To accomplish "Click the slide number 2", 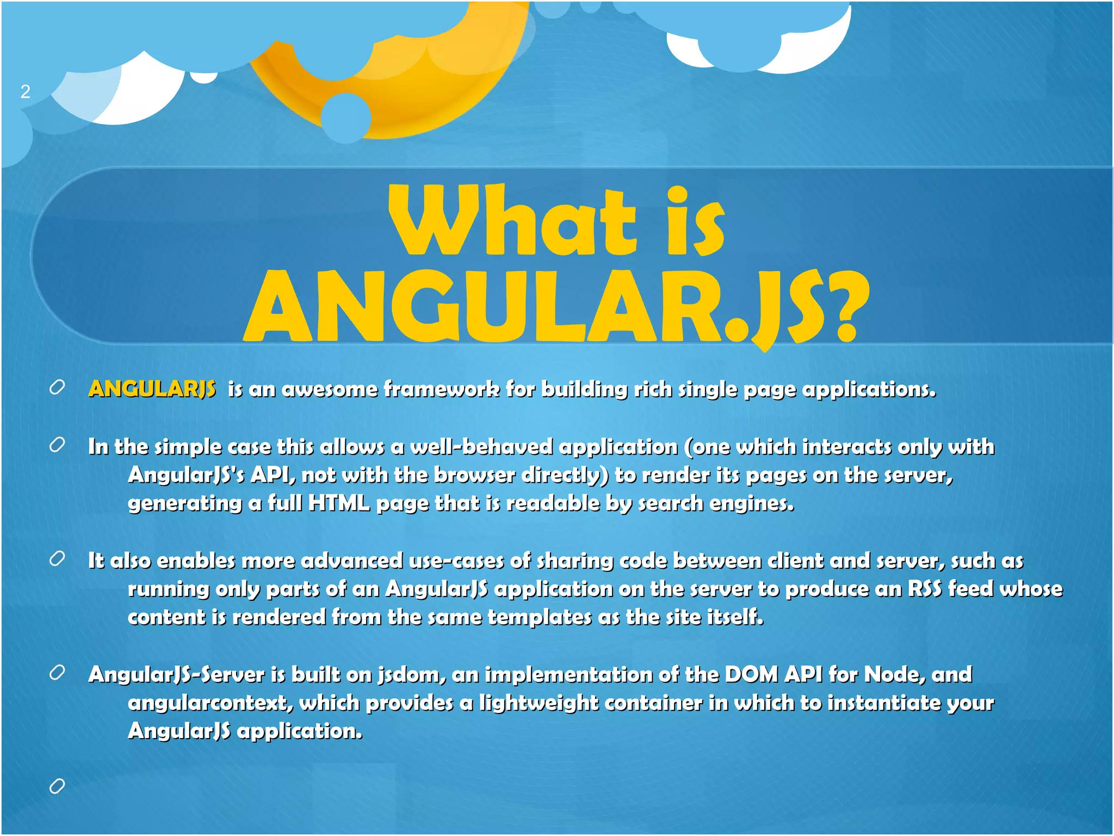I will [x=25, y=91].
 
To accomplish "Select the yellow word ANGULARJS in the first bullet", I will [x=152, y=389].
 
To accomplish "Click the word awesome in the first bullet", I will [x=330, y=389].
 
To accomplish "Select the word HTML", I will [x=338, y=503].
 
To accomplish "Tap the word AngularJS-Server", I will [x=176, y=675].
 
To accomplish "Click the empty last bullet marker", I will [x=57, y=786].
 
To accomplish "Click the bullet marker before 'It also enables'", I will [x=57, y=559].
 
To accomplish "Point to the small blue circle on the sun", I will [x=345, y=118].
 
